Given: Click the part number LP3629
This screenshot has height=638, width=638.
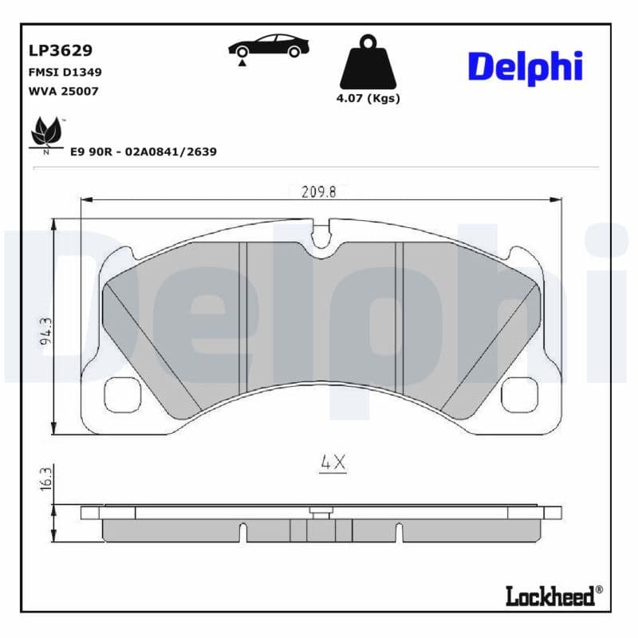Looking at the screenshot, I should pyautogui.click(x=61, y=51).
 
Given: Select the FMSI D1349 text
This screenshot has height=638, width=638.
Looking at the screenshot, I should pyautogui.click(x=64, y=72).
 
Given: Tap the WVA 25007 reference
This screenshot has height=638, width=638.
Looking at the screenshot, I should pyautogui.click(x=63, y=91).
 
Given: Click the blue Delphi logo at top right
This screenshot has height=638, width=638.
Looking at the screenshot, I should pyautogui.click(x=524, y=66).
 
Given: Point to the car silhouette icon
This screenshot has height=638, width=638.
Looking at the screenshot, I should pyautogui.click(x=266, y=45).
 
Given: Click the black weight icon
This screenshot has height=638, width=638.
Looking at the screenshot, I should pyautogui.click(x=367, y=61).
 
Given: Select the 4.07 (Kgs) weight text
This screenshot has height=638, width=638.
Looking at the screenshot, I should pyautogui.click(x=368, y=99).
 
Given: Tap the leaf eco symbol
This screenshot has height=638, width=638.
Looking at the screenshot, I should pyautogui.click(x=46, y=132).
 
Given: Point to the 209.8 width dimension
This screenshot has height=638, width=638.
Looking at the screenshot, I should pyautogui.click(x=319, y=191).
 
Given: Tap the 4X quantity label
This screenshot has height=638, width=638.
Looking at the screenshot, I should pyautogui.click(x=333, y=462).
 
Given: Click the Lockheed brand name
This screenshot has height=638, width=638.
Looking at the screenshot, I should pyautogui.click(x=550, y=595).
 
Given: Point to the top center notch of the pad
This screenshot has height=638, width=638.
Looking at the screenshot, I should pyautogui.click(x=323, y=236).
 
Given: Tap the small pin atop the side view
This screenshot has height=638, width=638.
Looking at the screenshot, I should pyautogui.click(x=321, y=514).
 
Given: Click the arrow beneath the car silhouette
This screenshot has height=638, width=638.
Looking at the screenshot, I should pyautogui.click(x=240, y=61).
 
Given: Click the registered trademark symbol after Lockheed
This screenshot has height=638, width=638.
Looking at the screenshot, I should pyautogui.click(x=600, y=590).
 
